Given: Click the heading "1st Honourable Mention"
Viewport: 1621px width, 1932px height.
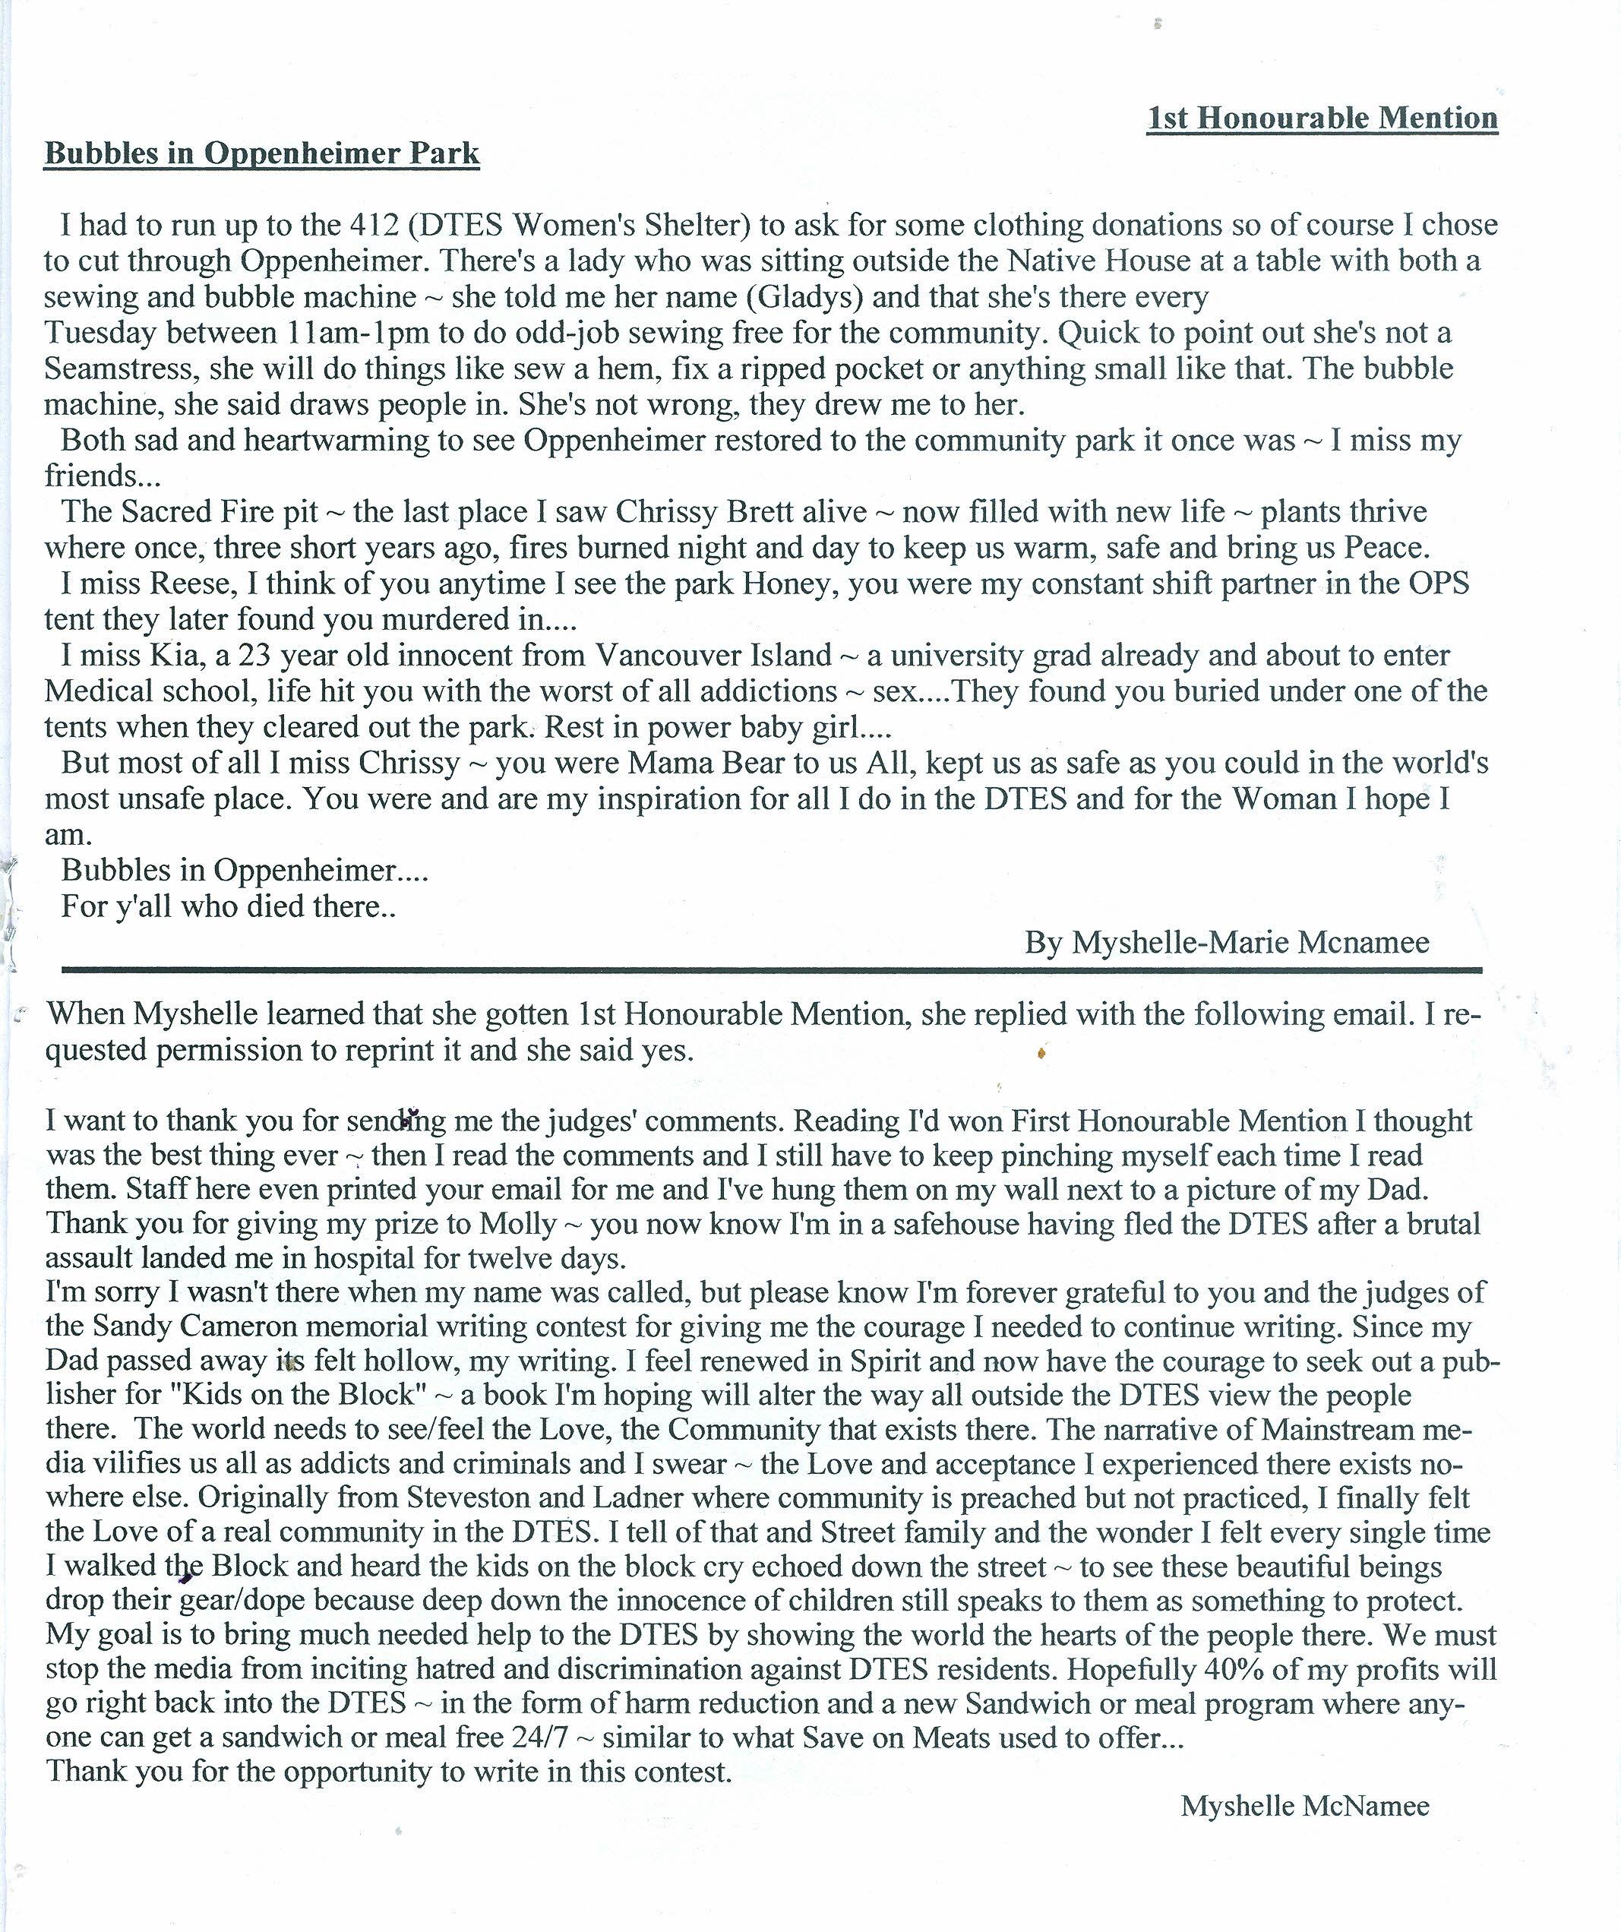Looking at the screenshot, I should tap(1322, 118).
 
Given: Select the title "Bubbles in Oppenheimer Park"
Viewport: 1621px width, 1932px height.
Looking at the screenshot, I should tap(262, 153).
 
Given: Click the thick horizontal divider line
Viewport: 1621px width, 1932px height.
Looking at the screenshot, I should tap(771, 969).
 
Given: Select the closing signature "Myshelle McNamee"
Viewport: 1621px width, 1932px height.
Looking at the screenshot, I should tap(1303, 1806).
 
